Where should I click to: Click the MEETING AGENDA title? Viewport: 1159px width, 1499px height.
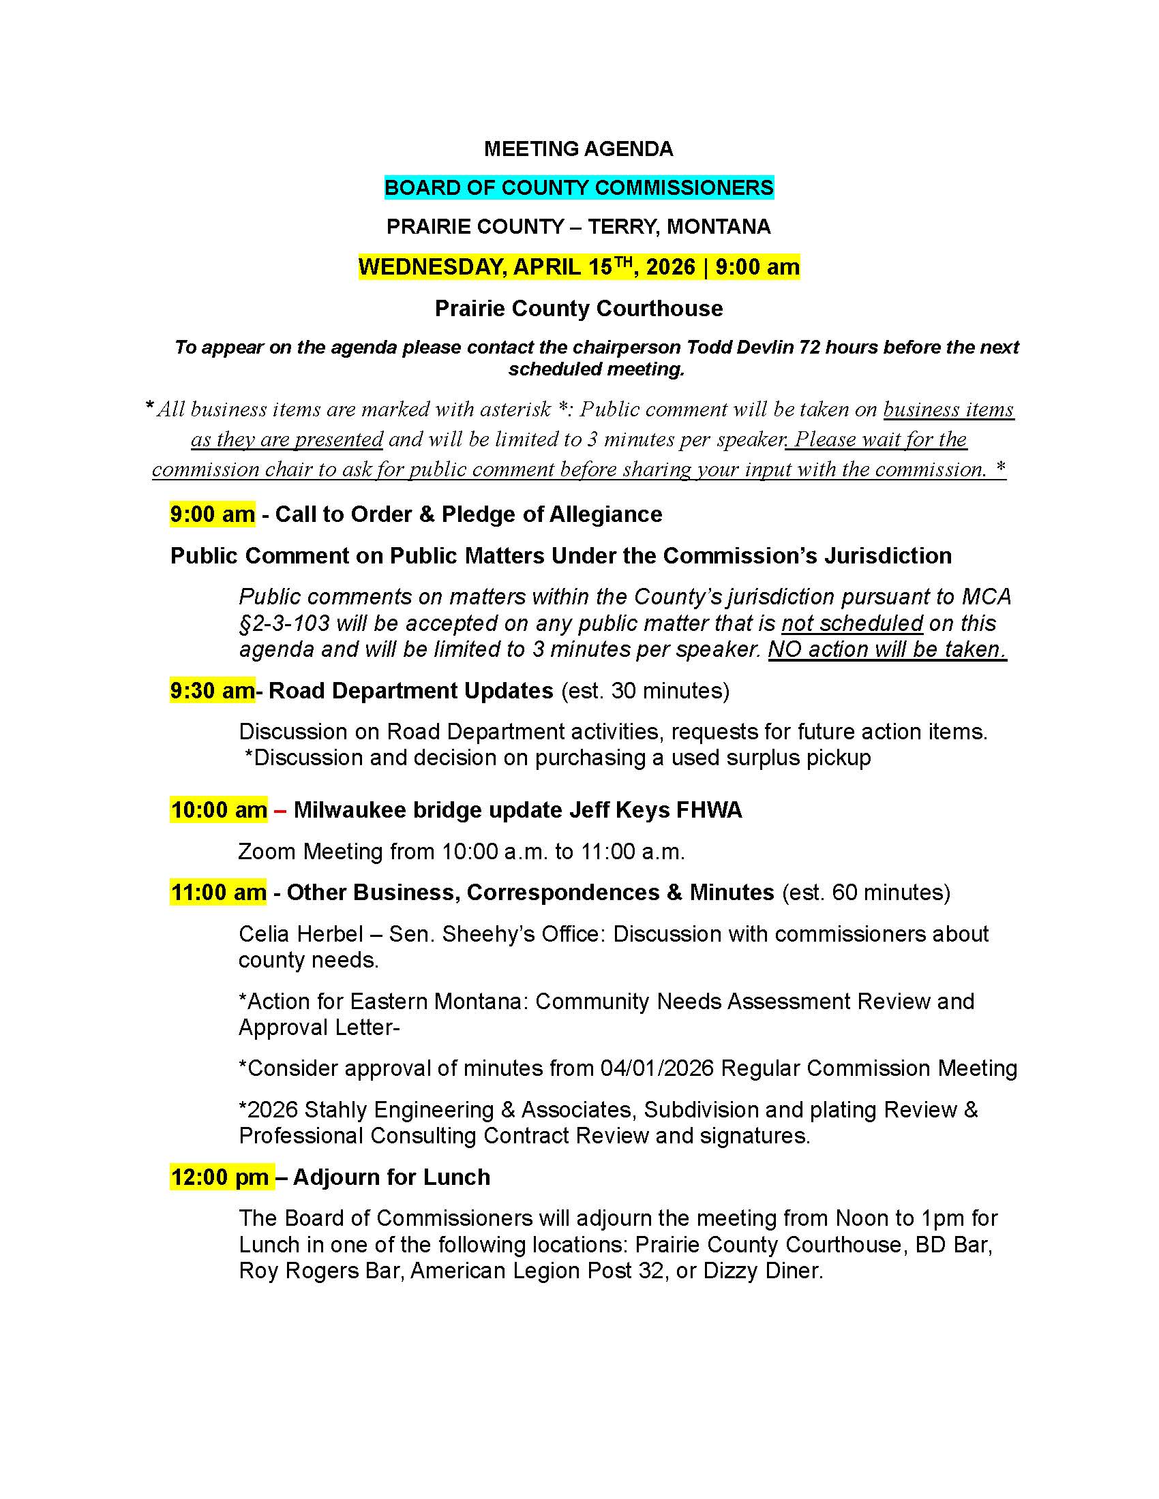tap(578, 149)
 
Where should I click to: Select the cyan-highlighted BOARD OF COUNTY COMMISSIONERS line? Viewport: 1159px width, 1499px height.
tap(578, 187)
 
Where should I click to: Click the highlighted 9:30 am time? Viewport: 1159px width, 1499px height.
tap(211, 690)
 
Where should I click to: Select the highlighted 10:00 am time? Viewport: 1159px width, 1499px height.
tap(218, 810)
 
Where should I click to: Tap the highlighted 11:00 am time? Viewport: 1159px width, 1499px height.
tap(218, 893)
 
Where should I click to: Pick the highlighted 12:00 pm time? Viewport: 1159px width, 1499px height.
tap(220, 1177)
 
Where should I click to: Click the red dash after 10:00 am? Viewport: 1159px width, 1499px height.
tap(280, 811)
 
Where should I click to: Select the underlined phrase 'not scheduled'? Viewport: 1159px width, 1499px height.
tap(852, 623)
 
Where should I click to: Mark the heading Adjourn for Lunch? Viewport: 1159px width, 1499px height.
tap(391, 1177)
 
